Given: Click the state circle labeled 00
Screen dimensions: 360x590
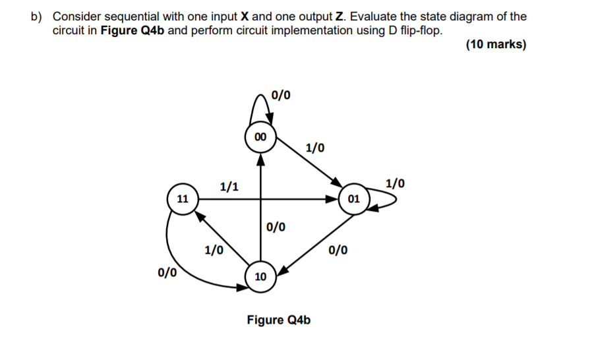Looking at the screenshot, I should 260,136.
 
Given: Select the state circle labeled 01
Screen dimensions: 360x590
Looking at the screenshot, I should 353,198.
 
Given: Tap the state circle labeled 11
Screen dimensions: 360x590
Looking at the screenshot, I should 182,198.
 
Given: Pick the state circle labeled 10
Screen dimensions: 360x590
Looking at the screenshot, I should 260,276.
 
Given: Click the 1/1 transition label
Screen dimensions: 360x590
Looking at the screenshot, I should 229,187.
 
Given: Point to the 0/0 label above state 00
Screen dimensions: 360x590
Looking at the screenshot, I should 281,94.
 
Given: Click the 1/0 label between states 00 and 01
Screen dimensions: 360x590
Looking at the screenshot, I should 315,146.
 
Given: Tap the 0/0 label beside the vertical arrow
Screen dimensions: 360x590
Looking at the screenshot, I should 276,227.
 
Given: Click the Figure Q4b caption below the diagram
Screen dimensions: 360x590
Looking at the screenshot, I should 278,320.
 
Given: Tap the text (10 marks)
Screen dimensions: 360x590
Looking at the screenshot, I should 496,45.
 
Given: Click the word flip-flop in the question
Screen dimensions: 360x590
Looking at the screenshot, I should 418,30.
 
